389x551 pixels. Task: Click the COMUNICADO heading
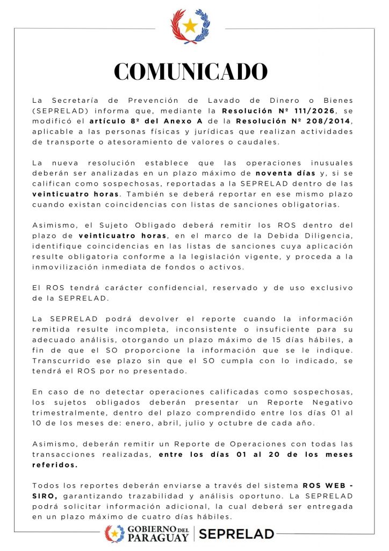point(190,72)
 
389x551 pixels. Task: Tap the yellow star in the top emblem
point(190,25)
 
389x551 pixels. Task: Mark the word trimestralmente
point(71,413)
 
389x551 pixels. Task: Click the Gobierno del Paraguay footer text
point(159,534)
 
